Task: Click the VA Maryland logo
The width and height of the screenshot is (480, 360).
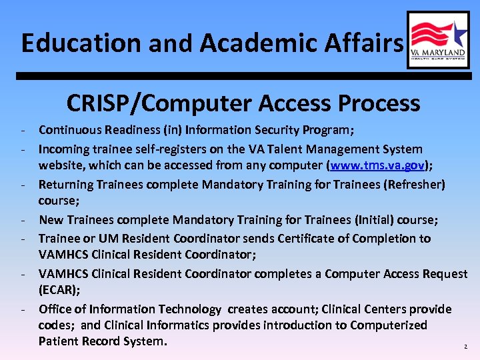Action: pyautogui.click(x=438, y=40)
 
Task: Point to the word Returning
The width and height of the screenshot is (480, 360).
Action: pyautogui.click(x=67, y=184)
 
